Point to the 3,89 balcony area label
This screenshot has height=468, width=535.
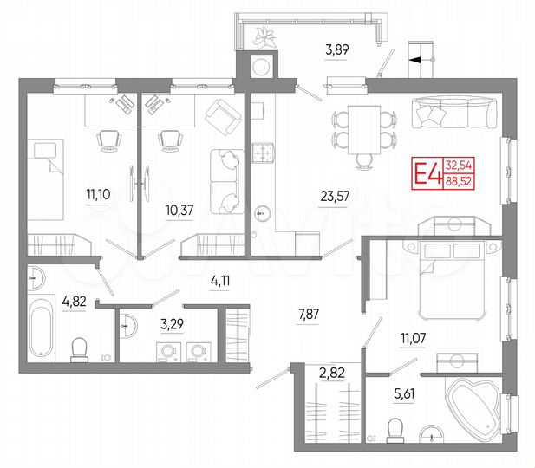point(337,51)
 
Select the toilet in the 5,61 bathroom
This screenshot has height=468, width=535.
point(396,429)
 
